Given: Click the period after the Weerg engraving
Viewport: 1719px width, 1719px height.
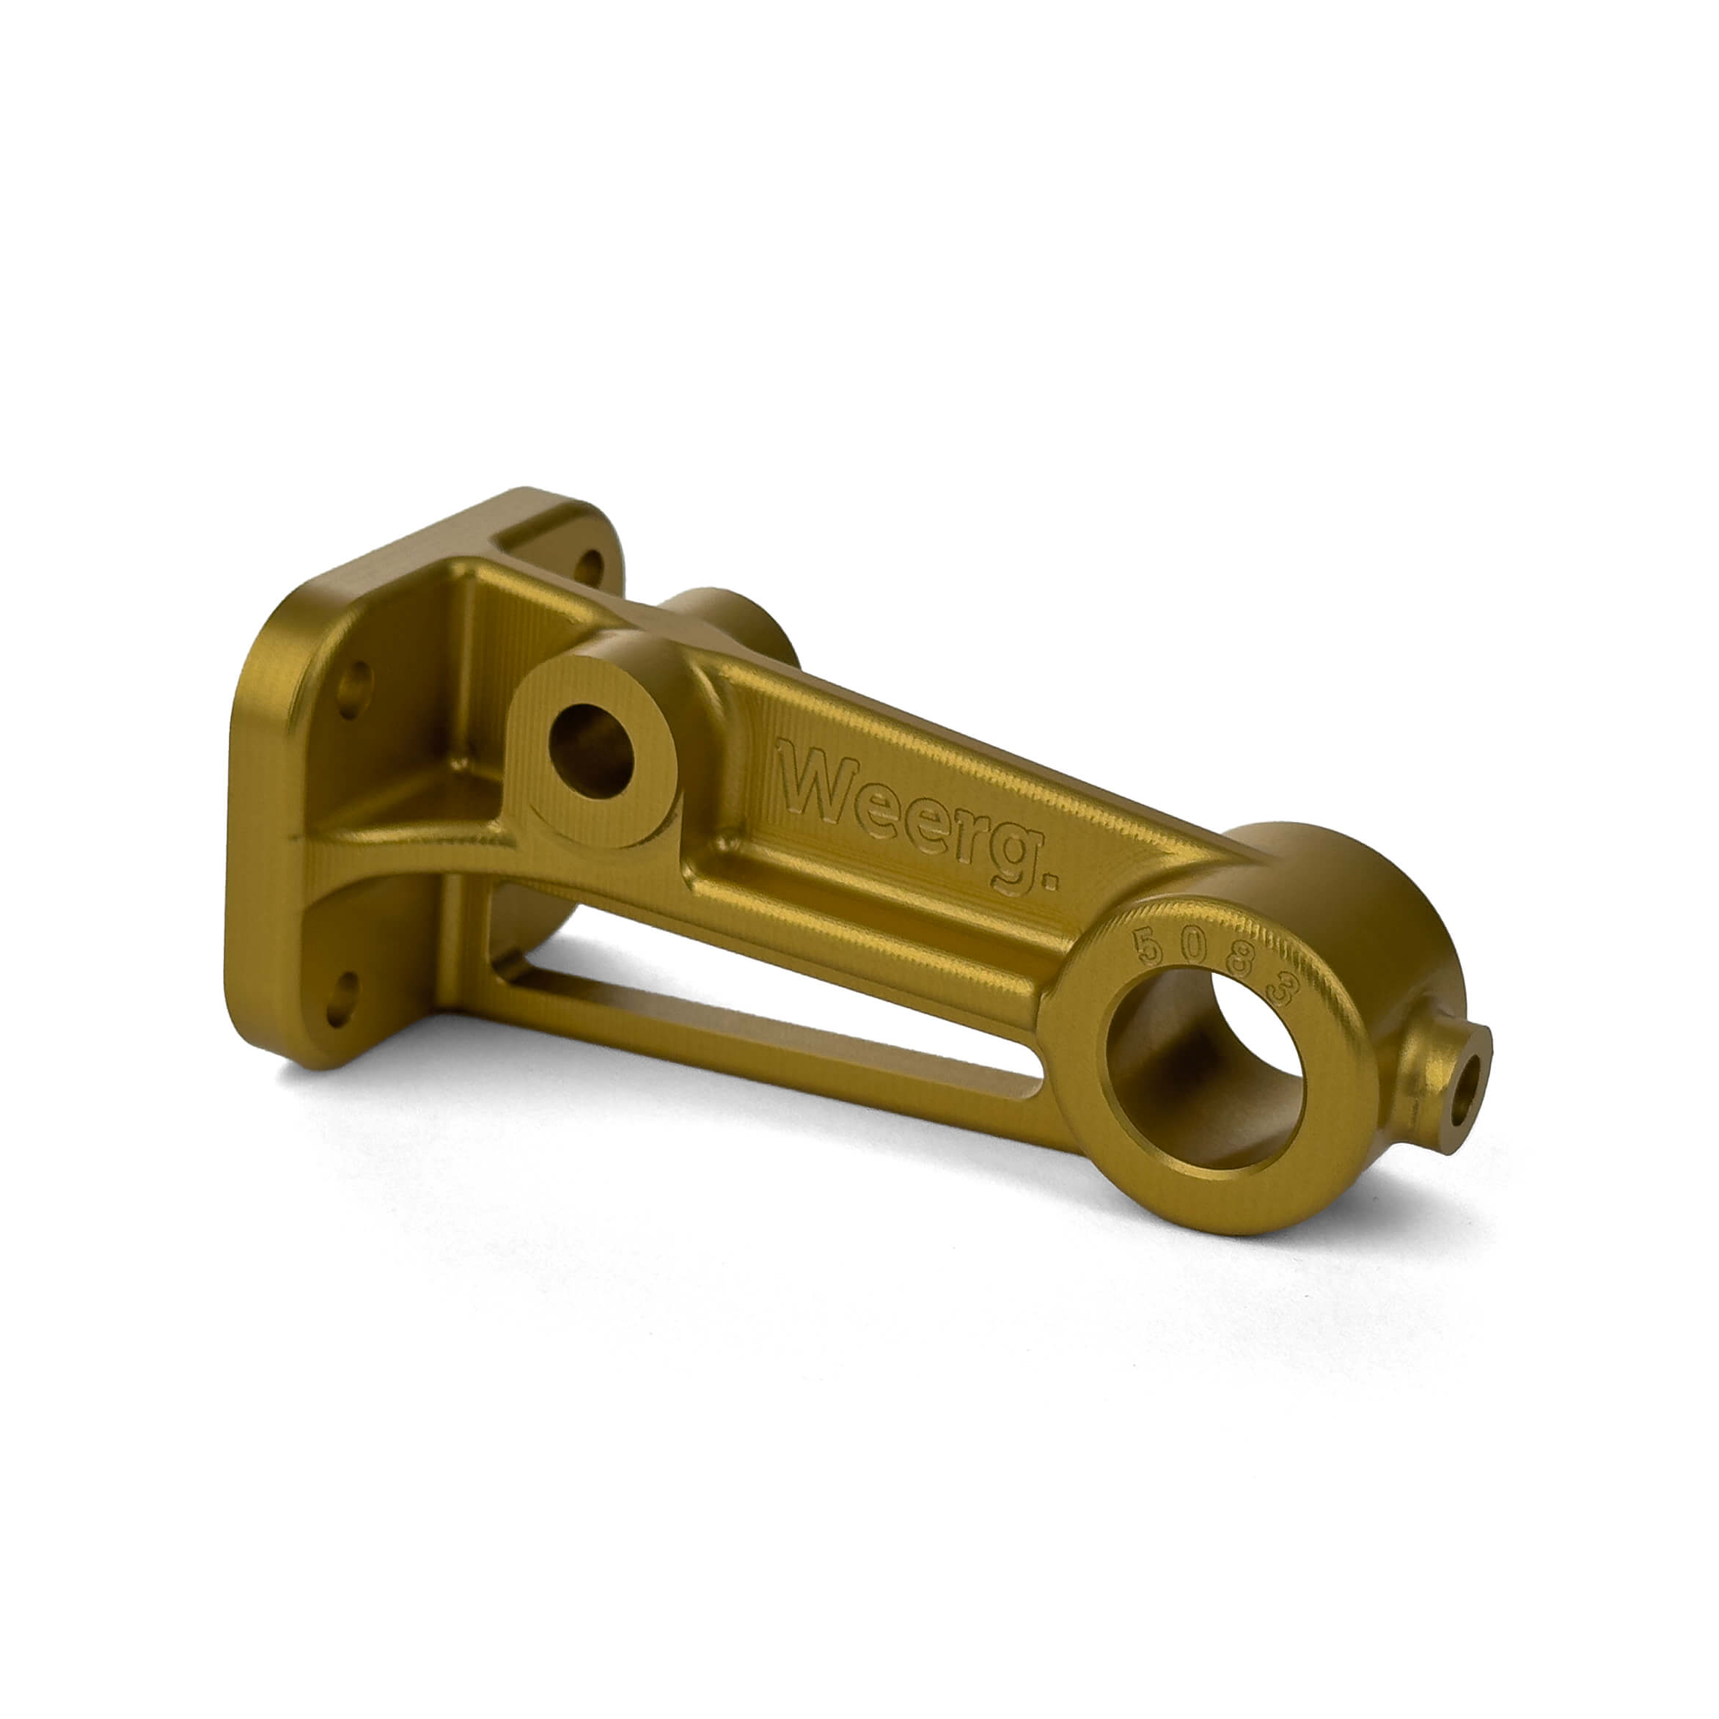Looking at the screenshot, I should coord(1048,882).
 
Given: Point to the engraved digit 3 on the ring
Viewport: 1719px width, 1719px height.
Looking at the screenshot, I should coord(1284,990).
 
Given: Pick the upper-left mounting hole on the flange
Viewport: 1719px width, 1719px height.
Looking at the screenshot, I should coord(354,689).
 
